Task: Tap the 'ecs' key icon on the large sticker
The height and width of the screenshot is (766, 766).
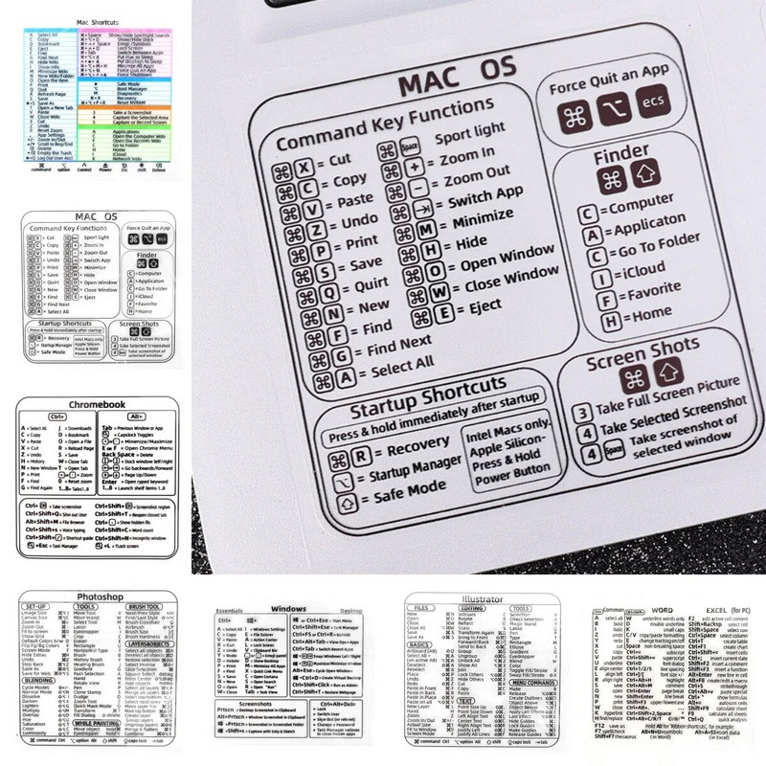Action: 653,124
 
